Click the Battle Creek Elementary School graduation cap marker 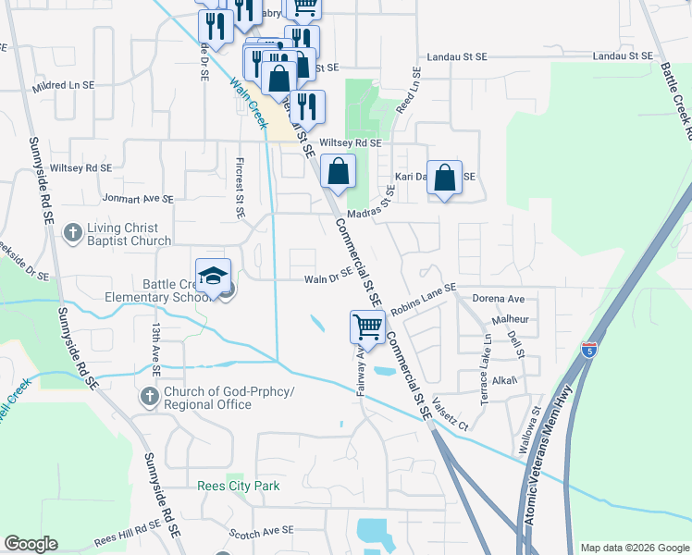(214, 277)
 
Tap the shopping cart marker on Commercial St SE (368, 327)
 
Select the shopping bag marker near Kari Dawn (445, 176)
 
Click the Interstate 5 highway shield (590, 350)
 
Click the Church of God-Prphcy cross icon (149, 398)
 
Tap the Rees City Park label (238, 486)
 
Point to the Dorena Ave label (498, 300)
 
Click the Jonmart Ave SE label (139, 198)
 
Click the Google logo (31, 544)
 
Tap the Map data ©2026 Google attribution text (635, 548)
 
